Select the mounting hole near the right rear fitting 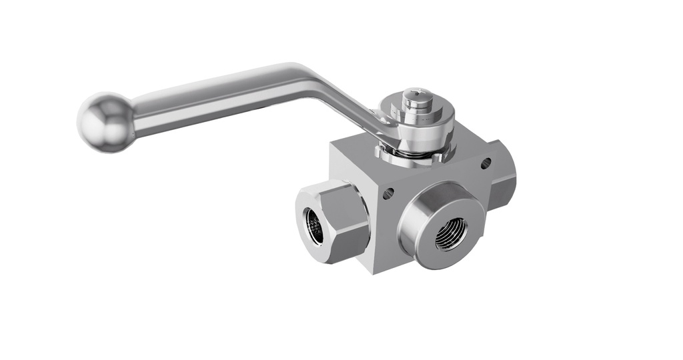[486, 162]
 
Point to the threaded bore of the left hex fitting [313, 226]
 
